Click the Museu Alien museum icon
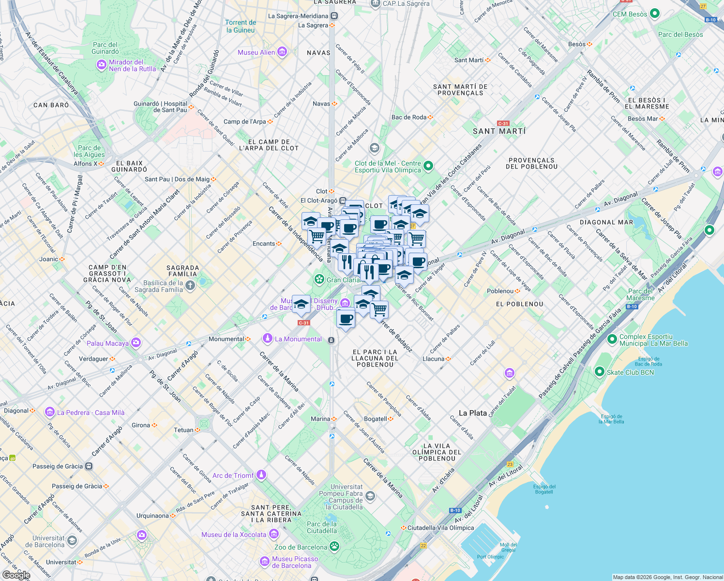tap(282, 52)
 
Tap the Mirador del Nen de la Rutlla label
tap(132, 65)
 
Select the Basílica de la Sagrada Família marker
tap(190, 286)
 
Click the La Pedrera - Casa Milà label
tap(90, 413)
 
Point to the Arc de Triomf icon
tap(261, 475)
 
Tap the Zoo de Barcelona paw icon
tap(334, 547)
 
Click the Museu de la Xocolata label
tap(234, 535)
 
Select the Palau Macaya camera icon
tap(136, 343)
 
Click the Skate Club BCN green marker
tap(600, 372)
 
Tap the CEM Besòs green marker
tap(655, 14)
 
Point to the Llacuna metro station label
tap(433, 359)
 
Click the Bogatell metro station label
tap(376, 419)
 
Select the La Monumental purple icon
tap(267, 338)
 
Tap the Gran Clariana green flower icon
tap(319, 279)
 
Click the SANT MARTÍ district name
tap(499, 131)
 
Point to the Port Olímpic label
tap(490, 557)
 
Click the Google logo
tap(16, 575)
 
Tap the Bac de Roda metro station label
tap(409, 117)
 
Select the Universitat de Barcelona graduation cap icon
tap(72, 541)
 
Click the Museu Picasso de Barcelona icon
tap(264, 562)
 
